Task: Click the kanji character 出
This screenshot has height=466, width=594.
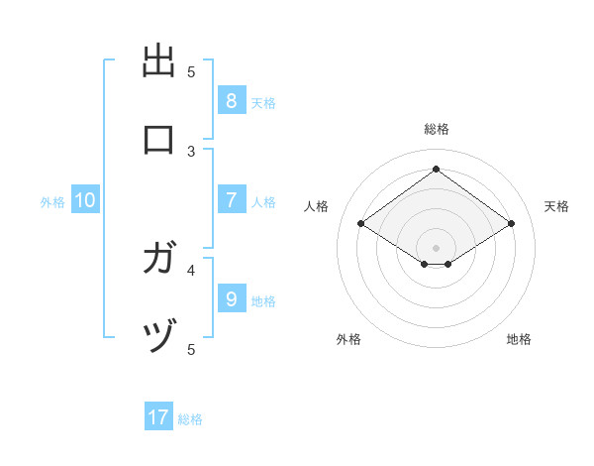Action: pyautogui.click(x=159, y=61)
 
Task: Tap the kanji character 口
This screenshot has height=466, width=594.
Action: pyautogui.click(x=159, y=140)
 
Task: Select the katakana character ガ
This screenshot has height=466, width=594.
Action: pyautogui.click(x=159, y=260)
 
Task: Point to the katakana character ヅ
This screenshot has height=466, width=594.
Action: pyautogui.click(x=159, y=338)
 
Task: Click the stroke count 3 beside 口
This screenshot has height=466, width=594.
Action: pyautogui.click(x=191, y=151)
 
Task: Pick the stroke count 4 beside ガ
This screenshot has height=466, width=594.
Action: pyautogui.click(x=191, y=269)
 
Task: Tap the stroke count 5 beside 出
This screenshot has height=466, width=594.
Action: pyautogui.click(x=191, y=71)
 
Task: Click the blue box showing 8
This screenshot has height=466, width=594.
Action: pyautogui.click(x=231, y=101)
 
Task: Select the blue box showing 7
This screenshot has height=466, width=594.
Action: pyautogui.click(x=231, y=200)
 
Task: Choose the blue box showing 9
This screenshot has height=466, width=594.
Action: pyautogui.click(x=231, y=298)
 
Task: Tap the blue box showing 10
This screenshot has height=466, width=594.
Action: pyautogui.click(x=85, y=200)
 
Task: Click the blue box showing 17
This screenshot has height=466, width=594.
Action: pyautogui.click(x=158, y=417)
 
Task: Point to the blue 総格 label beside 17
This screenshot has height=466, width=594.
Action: pyautogui.click(x=190, y=419)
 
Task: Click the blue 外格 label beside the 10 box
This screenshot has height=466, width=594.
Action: pyautogui.click(x=52, y=202)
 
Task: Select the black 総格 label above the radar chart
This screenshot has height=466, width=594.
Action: pyautogui.click(x=437, y=129)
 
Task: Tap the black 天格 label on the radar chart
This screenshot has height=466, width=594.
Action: pyautogui.click(x=556, y=206)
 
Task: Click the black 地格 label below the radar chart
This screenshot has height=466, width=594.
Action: pyautogui.click(x=519, y=339)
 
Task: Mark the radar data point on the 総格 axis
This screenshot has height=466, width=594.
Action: pyautogui.click(x=437, y=170)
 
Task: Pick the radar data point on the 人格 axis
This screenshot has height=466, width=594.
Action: pyautogui.click(x=360, y=224)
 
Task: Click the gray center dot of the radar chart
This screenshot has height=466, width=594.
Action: pyautogui.click(x=437, y=247)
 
